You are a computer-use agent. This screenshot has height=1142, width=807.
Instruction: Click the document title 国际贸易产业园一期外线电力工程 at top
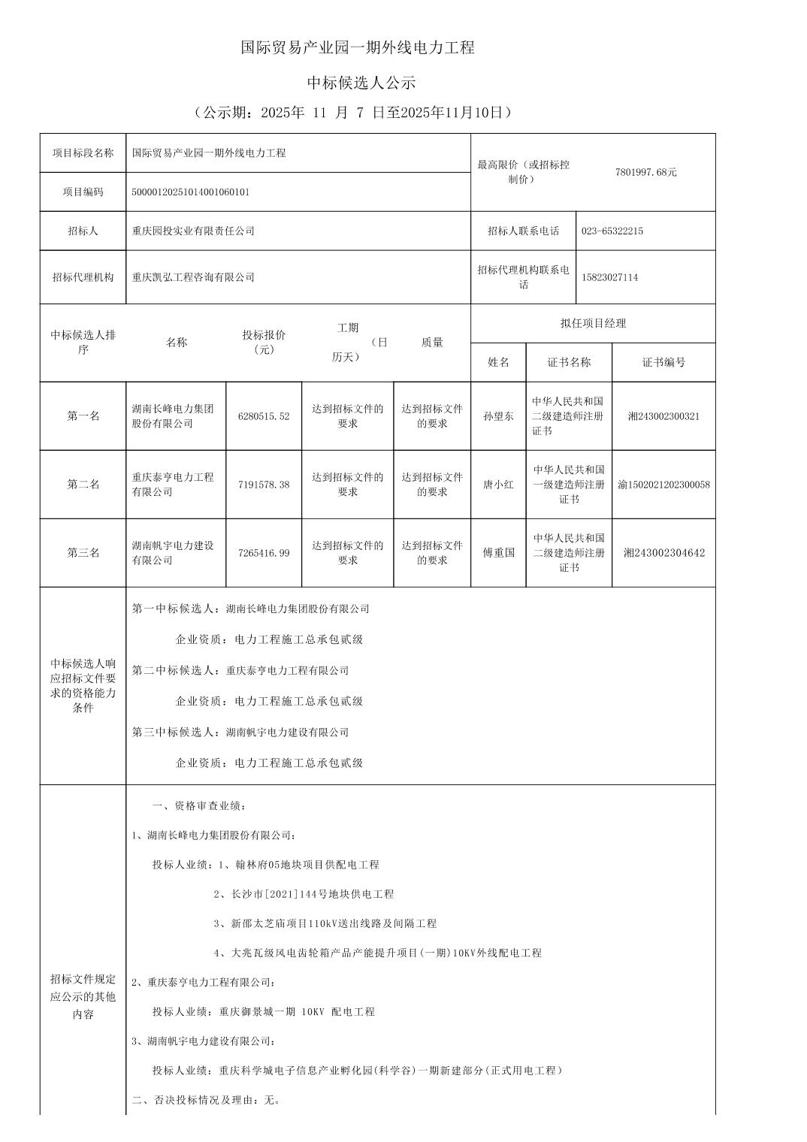(x=358, y=48)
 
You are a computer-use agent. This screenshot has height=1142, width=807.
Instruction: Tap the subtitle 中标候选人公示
(x=361, y=83)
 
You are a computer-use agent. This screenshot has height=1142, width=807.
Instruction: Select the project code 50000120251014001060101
(x=191, y=192)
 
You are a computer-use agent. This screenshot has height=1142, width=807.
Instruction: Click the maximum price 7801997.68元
(x=645, y=172)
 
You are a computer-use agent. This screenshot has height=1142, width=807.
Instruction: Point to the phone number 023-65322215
(x=612, y=231)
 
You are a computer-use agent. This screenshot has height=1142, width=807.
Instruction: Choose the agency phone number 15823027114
(x=609, y=277)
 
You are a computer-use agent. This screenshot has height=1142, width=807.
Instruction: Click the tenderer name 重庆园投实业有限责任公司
(x=193, y=231)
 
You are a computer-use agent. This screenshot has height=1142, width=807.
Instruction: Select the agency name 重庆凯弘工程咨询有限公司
(x=193, y=277)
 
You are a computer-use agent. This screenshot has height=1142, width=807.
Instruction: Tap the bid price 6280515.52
(x=264, y=416)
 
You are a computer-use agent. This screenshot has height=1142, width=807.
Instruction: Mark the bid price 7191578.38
(x=264, y=485)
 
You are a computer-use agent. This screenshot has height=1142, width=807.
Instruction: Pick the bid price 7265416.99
(x=264, y=553)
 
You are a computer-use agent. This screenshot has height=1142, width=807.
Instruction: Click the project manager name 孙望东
(x=498, y=416)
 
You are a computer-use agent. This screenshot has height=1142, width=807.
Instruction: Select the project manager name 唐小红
(x=498, y=485)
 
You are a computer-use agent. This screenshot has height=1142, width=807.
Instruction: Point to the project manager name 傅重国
(x=498, y=553)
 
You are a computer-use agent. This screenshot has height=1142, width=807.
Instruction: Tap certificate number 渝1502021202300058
(x=663, y=485)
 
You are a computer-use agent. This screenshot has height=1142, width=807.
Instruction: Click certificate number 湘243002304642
(x=663, y=553)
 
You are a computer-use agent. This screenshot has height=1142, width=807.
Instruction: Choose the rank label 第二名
(x=83, y=485)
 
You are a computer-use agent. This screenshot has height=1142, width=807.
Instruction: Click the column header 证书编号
(x=663, y=362)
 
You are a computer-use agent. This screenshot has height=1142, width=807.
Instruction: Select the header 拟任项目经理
(x=593, y=324)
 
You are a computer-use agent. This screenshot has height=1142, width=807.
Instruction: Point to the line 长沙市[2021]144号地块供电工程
(x=304, y=894)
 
